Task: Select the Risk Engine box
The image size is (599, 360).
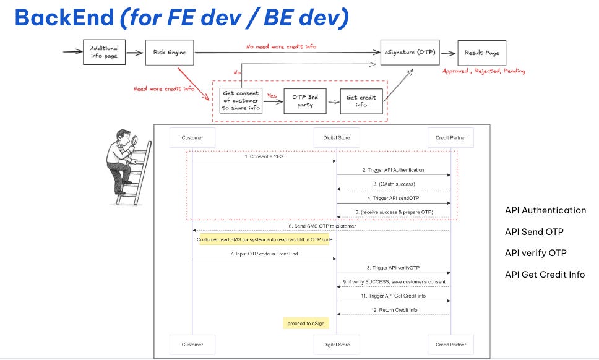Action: [169, 52]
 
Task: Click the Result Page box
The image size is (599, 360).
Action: [482, 53]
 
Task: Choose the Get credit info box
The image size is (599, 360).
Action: [361, 101]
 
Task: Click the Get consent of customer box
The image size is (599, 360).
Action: [241, 100]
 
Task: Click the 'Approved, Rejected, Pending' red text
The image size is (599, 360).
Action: [483, 71]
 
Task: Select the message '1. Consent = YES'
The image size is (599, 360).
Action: [264, 156]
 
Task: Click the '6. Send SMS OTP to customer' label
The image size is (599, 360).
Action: [321, 226]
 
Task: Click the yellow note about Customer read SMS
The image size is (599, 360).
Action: [265, 239]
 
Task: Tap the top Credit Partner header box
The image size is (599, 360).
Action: [450, 137]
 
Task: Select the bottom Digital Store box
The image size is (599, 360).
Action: [337, 344]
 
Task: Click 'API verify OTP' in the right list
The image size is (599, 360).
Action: [535, 253]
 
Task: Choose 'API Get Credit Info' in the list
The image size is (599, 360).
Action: [545, 275]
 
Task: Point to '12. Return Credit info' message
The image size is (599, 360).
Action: [393, 309]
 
